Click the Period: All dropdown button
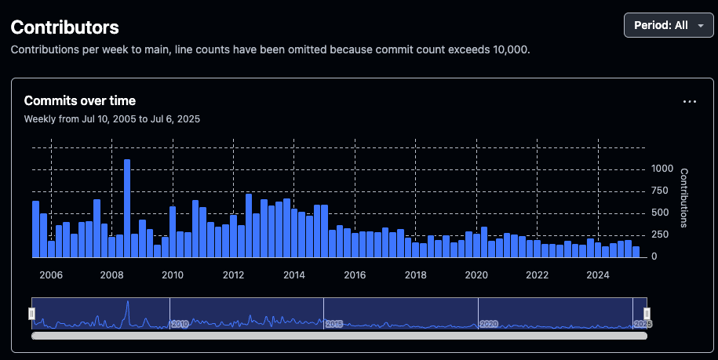point(669,25)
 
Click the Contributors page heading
point(64,27)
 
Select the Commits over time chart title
point(80,100)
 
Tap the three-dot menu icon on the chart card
point(690,102)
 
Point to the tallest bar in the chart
point(127,208)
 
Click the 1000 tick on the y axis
point(662,169)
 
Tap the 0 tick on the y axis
point(655,256)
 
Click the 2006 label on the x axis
point(51,275)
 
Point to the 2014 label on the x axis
point(294,275)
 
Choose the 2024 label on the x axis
point(598,275)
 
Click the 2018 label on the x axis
point(416,275)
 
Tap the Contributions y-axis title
point(683,198)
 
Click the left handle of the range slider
point(32,314)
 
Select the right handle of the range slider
point(647,314)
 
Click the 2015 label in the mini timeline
point(334,323)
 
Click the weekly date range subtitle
point(112,119)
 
